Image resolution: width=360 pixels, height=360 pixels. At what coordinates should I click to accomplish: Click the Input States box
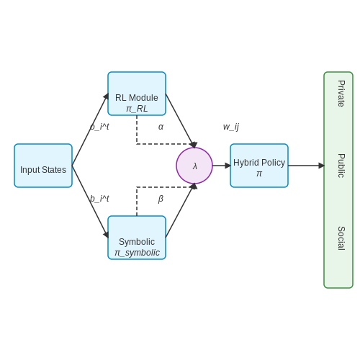[x=43, y=166]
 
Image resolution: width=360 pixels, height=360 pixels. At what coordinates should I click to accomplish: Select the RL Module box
[x=137, y=94]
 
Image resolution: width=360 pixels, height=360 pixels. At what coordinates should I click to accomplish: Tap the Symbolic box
[x=137, y=238]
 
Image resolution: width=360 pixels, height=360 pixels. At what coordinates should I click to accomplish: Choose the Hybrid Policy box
[x=259, y=166]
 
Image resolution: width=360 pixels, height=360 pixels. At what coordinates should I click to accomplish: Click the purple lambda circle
[x=194, y=166]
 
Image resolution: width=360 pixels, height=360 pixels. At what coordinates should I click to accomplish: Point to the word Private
[x=341, y=94]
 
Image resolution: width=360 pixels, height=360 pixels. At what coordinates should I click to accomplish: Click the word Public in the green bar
[x=341, y=166]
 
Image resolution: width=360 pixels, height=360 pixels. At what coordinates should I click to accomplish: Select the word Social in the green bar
[x=341, y=238]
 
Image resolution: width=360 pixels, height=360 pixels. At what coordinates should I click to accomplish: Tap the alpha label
[x=161, y=127]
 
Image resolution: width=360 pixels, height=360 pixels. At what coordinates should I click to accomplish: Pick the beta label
[x=161, y=199]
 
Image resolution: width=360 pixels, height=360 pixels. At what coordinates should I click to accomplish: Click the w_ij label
[x=231, y=127]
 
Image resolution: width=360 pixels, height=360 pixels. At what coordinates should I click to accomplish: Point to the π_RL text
[x=137, y=109]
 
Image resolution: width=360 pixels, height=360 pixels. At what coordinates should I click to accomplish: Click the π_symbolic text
[x=137, y=253]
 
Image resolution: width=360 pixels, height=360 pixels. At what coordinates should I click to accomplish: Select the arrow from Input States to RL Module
[x=90, y=130]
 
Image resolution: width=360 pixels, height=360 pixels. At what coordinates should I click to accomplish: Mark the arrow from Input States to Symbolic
[x=90, y=202]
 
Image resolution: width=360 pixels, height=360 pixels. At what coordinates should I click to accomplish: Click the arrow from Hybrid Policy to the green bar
[x=306, y=166]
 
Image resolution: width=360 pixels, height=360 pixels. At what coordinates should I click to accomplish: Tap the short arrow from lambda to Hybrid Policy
[x=222, y=166]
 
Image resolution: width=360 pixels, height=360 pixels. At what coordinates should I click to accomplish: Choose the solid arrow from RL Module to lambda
[x=180, y=121]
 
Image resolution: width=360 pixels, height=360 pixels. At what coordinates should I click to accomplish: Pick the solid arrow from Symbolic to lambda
[x=180, y=210]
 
